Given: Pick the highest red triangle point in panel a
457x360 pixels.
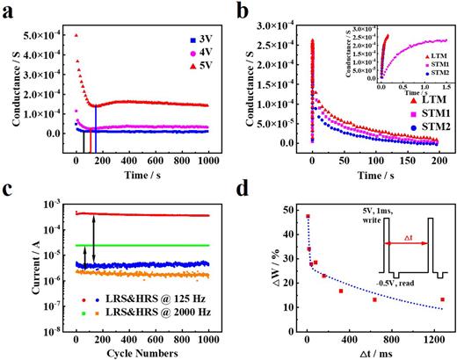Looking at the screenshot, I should [76, 35].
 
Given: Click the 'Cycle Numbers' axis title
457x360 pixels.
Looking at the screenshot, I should [137, 353].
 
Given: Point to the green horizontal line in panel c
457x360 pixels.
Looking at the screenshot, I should [141, 245].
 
